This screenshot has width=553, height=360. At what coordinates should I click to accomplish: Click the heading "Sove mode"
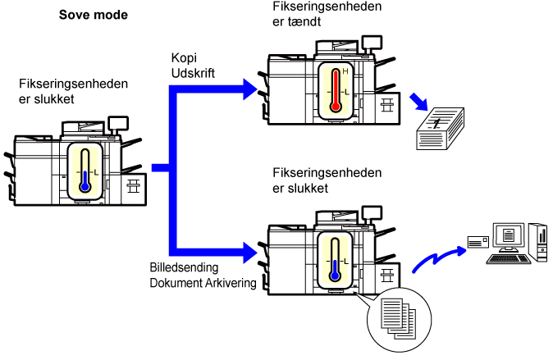click(93, 15)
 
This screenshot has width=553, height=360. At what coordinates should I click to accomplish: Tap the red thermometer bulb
click(336, 107)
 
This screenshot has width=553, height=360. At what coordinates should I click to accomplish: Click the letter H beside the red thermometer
click(345, 71)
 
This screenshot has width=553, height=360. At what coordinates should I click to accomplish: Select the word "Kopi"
click(184, 58)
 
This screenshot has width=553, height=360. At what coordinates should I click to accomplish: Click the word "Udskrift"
click(193, 73)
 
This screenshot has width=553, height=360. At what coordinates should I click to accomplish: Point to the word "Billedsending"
click(184, 267)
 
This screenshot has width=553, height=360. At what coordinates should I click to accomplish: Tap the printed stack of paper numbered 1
click(440, 129)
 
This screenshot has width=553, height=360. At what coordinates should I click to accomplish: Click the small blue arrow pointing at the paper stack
click(419, 102)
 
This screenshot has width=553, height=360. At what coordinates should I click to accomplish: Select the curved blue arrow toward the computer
click(440, 258)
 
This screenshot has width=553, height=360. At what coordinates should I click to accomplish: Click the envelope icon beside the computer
click(478, 242)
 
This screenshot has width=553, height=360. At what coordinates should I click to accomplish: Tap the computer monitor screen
click(508, 235)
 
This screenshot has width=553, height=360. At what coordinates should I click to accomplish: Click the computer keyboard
click(508, 259)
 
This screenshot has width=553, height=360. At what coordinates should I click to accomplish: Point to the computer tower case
click(538, 243)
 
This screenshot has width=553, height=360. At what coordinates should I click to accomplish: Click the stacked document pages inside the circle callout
click(399, 318)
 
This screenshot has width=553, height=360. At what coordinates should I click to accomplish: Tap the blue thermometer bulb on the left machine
click(85, 187)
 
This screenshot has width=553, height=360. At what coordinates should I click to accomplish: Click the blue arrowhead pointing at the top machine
click(250, 89)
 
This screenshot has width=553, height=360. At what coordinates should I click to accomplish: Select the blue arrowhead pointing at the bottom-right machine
click(250, 253)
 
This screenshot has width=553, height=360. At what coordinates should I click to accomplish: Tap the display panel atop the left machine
click(118, 123)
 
